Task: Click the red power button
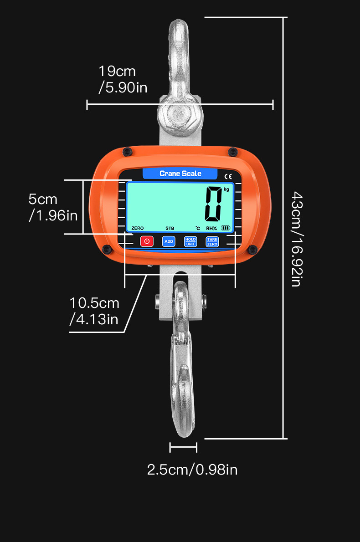click(x=147, y=241)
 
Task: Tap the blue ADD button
click(x=169, y=241)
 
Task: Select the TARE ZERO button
click(x=212, y=241)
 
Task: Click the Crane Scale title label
click(x=180, y=174)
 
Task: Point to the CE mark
click(x=228, y=176)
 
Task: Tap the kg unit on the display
click(x=226, y=189)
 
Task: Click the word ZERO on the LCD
click(x=138, y=228)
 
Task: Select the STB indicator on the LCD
click(x=170, y=228)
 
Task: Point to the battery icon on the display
click(x=226, y=228)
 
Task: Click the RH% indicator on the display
click(x=211, y=228)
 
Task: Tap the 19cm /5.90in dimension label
click(x=123, y=79)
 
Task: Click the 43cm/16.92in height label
click(x=296, y=239)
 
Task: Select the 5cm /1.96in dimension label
click(x=53, y=207)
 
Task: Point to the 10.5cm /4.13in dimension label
click(x=94, y=311)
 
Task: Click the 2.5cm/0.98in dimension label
click(x=192, y=470)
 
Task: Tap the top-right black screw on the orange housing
click(x=233, y=151)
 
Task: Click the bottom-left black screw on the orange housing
click(x=107, y=249)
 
